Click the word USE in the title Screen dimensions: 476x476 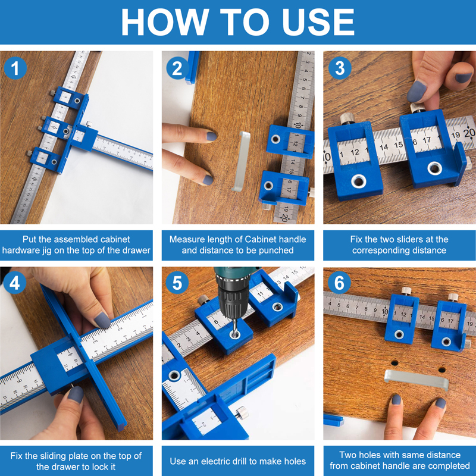click(x=318, y=22)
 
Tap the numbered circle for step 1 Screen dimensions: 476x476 click(x=15, y=68)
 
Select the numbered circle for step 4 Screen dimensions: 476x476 click(x=14, y=283)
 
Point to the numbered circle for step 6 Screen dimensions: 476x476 click(x=339, y=283)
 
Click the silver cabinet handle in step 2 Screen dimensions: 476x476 click(x=242, y=161)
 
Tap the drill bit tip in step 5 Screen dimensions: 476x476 click(x=234, y=334)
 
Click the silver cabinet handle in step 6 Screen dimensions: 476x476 click(x=416, y=380)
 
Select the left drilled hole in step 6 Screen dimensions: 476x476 click(x=394, y=363)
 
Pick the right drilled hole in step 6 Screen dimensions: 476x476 click(x=442, y=369)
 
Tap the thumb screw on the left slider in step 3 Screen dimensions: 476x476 click(x=347, y=118)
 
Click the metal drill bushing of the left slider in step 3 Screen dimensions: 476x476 click(x=359, y=181)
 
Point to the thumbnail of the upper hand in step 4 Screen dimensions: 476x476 click(x=102, y=320)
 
